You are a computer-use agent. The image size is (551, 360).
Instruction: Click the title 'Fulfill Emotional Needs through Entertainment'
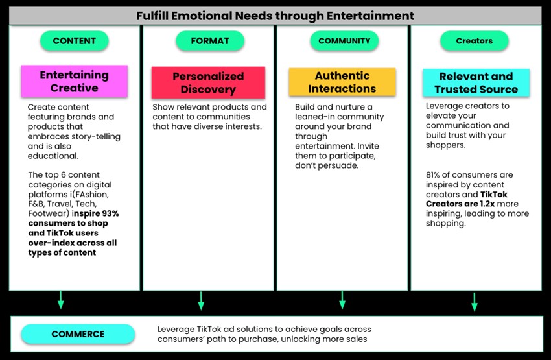(275, 15)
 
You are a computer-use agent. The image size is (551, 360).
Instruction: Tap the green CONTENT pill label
(73, 40)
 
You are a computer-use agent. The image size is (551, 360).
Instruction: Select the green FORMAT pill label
(210, 40)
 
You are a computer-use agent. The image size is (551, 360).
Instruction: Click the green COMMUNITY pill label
(344, 40)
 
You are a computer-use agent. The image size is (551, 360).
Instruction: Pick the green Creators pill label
(474, 41)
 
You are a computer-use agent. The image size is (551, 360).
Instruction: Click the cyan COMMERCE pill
(78, 334)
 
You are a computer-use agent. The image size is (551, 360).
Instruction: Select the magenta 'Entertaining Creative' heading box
(74, 81)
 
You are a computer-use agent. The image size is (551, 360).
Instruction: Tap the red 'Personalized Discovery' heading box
(208, 83)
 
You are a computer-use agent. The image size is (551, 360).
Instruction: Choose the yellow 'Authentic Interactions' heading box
(342, 82)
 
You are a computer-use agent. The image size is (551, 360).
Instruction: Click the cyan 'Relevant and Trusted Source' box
(476, 83)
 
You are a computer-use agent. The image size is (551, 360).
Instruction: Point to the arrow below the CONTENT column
(60, 299)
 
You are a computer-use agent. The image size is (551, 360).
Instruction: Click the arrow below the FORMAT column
(200, 300)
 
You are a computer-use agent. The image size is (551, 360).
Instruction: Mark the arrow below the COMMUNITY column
(342, 300)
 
